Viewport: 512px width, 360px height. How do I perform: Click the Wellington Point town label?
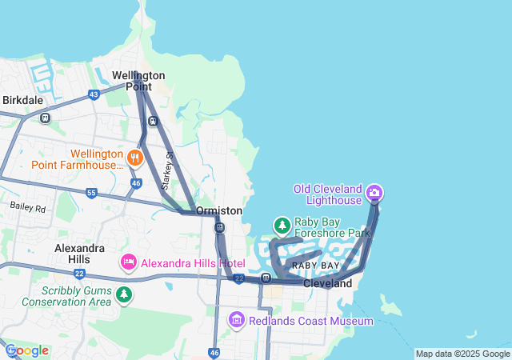138,81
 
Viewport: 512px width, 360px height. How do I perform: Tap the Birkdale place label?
22,101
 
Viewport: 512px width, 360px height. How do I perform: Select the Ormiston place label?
219,210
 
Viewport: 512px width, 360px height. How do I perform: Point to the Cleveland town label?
328,284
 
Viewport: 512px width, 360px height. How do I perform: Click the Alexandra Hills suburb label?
79,254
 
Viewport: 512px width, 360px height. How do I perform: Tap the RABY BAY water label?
315,265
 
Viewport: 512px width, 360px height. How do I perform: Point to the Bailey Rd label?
28,206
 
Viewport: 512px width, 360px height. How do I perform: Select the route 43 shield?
94,94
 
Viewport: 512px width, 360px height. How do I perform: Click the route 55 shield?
91,193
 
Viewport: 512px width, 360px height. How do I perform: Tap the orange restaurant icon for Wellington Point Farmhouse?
134,158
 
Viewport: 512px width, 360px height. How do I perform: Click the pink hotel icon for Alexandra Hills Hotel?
129,262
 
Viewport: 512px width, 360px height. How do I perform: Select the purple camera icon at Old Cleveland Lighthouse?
374,193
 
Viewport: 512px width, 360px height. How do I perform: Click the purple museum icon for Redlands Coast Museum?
236,321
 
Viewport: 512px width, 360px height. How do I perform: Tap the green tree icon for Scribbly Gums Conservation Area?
123,295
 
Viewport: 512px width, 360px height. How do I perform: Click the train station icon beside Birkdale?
45,118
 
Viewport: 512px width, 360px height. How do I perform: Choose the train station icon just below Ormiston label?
219,228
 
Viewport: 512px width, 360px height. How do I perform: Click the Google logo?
26,350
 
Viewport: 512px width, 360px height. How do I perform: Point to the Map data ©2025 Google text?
462,354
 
